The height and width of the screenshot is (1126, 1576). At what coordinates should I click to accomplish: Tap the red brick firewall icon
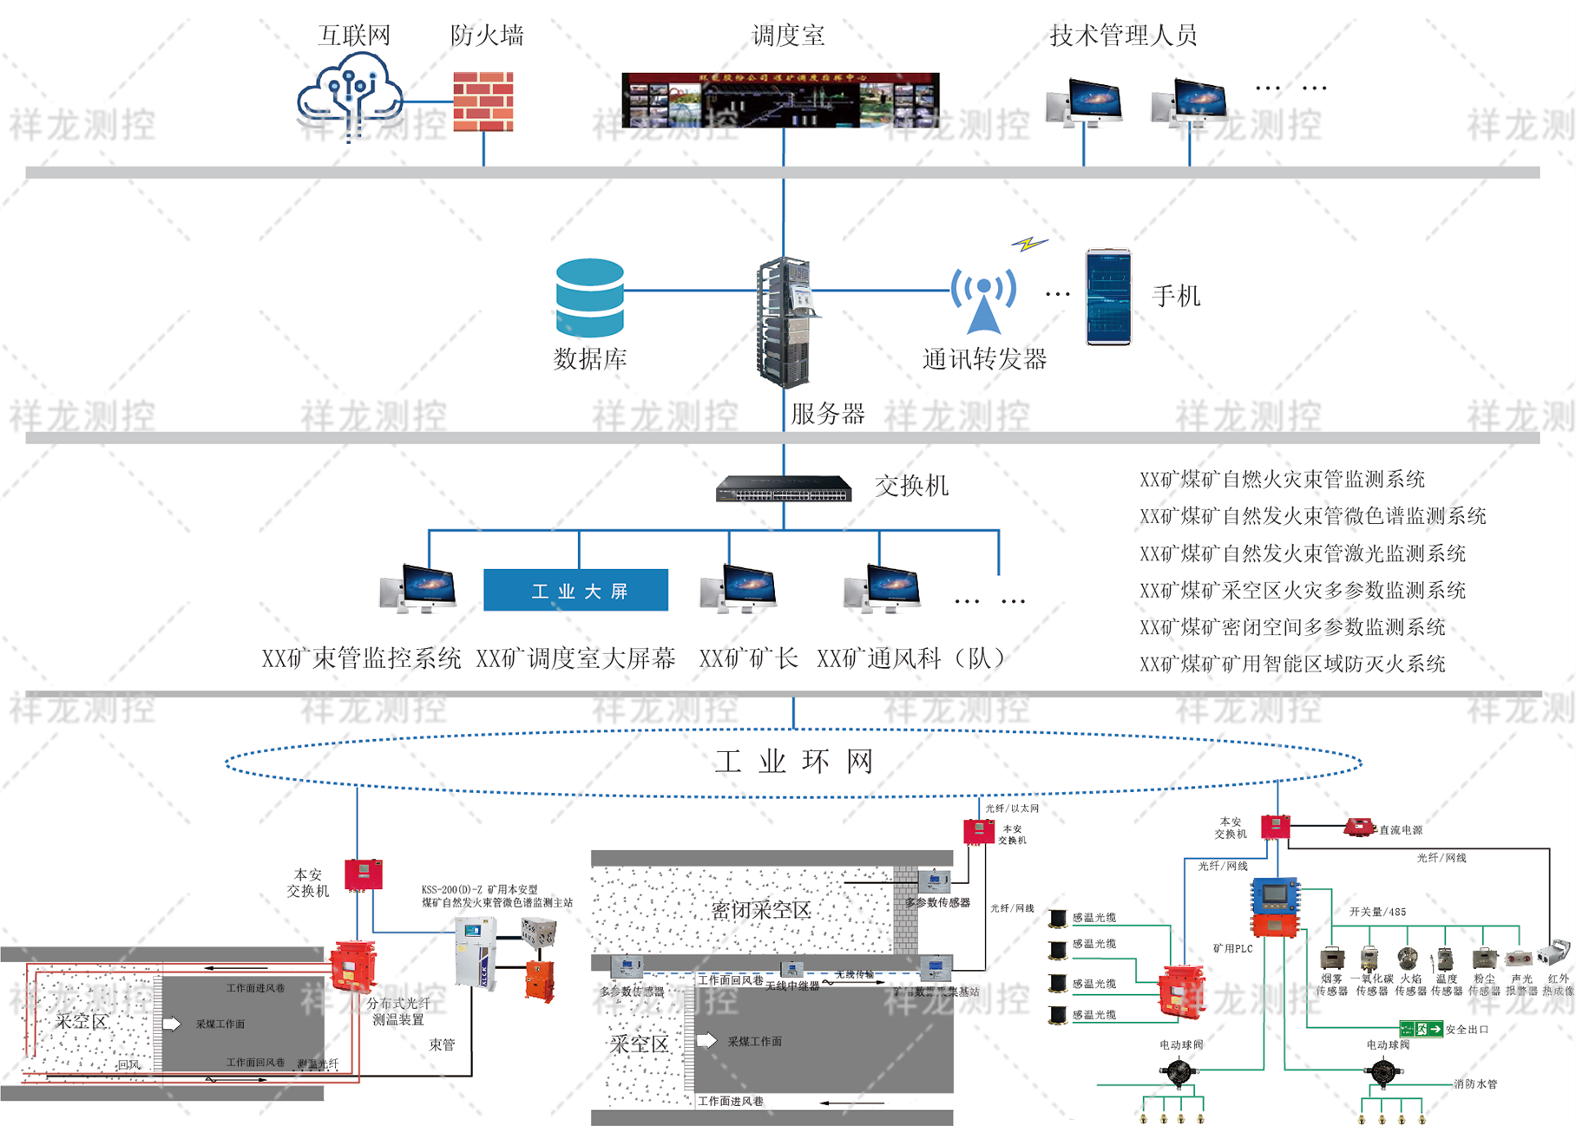[483, 101]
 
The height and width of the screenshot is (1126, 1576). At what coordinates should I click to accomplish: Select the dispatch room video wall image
[780, 100]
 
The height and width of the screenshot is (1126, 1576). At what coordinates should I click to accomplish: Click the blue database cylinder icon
[590, 298]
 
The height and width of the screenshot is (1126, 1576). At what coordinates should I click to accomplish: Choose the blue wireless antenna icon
[983, 300]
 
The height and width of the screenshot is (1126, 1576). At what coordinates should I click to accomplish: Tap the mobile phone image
[1109, 298]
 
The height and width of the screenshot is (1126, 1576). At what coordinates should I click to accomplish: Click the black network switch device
[784, 489]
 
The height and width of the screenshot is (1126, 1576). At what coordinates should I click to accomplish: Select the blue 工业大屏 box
[575, 591]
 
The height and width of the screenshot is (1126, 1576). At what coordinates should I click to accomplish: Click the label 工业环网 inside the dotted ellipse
[794, 762]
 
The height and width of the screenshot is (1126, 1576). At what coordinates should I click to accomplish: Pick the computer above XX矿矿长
[739, 588]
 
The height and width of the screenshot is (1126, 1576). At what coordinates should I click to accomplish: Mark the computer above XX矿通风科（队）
[883, 588]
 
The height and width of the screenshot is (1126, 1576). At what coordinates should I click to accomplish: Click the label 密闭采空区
[761, 910]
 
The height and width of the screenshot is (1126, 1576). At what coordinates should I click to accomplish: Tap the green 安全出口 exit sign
[1421, 1029]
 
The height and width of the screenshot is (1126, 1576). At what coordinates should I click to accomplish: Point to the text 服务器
[828, 414]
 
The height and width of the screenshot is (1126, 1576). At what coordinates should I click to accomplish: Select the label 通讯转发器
[984, 359]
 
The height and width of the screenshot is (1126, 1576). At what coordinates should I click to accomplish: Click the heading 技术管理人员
[1123, 36]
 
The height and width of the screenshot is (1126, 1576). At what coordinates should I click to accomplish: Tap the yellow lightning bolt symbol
[1029, 244]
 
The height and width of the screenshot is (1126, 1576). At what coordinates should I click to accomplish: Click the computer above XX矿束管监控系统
[419, 588]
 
